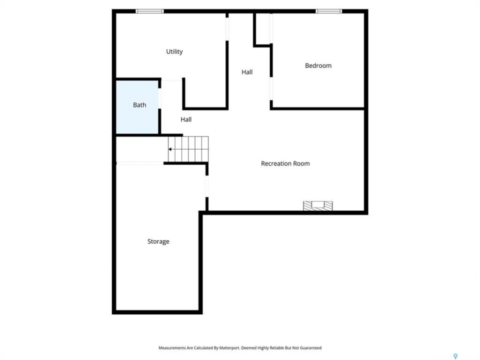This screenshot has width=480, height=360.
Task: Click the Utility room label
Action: coord(174,51)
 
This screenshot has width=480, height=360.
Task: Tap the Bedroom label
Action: coord(318,65)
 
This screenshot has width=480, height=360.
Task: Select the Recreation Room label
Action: coord(285,163)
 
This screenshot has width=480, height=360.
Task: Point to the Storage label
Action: coord(158,241)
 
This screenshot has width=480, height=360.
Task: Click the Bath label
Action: coord(139,105)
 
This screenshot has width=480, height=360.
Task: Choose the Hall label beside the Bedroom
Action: coord(247,72)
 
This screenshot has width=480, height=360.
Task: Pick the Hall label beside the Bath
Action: coord(186,119)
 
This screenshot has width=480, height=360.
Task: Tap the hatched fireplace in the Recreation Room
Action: coord(318,205)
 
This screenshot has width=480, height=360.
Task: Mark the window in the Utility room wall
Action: coord(149,11)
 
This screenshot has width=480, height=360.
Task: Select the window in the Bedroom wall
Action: coord(329,11)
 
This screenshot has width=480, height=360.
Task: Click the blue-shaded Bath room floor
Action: coord(137,107)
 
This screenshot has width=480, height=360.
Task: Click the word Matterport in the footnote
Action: coord(229,348)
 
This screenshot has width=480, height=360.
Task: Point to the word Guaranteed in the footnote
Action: coord(310,348)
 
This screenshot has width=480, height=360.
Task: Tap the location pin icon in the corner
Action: coord(455,356)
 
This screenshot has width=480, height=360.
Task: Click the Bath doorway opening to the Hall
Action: coord(159,98)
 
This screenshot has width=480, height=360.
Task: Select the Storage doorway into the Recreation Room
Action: coord(207,186)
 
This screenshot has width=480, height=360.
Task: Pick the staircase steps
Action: coord(188,149)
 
